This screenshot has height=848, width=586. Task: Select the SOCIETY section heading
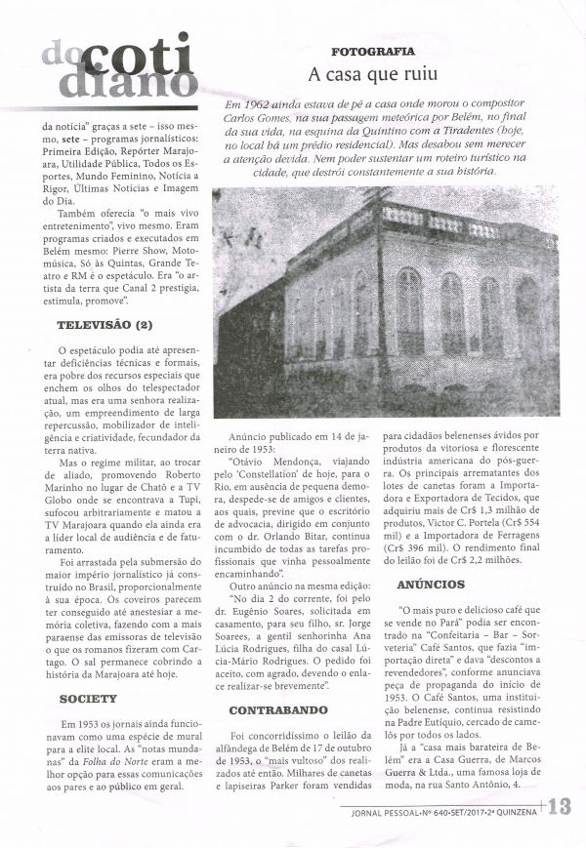[x=88, y=699]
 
